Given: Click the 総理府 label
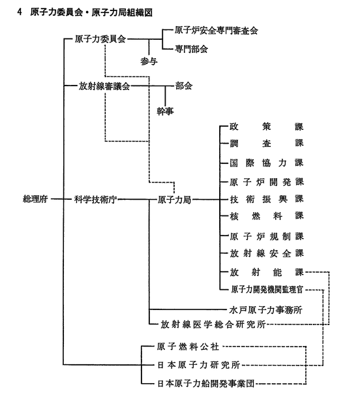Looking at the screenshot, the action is click(35, 199).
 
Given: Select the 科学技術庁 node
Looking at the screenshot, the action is click(95, 200).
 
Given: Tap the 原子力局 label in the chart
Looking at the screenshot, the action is click(174, 200).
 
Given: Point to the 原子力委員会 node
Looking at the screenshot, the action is click(100, 39).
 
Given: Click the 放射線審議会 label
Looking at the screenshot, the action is click(104, 86).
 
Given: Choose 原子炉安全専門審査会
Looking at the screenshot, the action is click(216, 31).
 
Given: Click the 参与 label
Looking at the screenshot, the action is click(149, 61).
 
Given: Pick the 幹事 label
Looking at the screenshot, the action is click(165, 112).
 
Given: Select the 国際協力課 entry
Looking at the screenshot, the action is click(267, 163).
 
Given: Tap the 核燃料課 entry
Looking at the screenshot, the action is click(267, 216).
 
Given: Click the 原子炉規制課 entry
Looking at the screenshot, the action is click(267, 236).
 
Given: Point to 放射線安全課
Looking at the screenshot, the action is click(267, 253).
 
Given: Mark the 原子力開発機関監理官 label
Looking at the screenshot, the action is click(267, 289).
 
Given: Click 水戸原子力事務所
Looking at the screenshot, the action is click(265, 310).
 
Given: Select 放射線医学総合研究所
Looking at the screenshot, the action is click(213, 324).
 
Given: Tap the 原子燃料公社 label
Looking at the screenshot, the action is click(188, 347).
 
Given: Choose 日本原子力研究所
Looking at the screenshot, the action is click(198, 365).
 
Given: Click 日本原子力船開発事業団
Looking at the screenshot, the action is click(205, 384).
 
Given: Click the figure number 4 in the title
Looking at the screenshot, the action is click(20, 12).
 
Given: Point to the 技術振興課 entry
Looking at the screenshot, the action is click(267, 199).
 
